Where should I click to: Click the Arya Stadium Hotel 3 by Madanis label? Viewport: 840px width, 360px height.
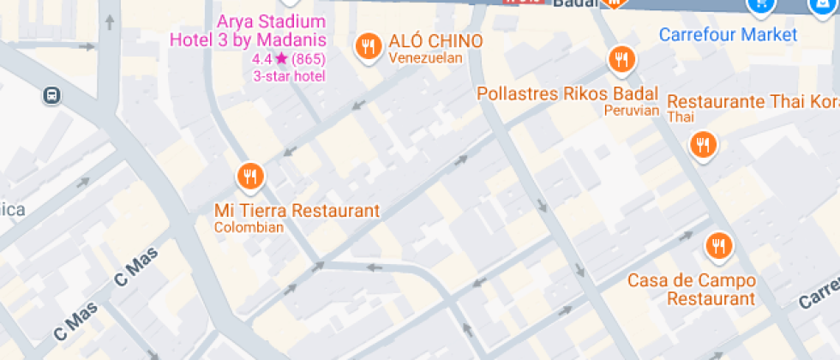[248, 31]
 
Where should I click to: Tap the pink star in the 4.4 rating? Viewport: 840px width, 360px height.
[281, 60]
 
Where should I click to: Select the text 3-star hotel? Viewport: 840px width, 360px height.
[289, 76]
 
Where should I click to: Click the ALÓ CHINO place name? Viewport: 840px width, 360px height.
[435, 41]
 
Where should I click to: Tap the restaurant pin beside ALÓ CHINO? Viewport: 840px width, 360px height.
[369, 45]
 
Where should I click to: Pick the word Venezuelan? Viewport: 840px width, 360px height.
[425, 58]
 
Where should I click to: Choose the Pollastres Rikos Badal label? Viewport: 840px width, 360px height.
[567, 93]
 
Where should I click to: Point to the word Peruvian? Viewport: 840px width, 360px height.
[631, 111]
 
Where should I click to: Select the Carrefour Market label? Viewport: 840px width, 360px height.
[728, 35]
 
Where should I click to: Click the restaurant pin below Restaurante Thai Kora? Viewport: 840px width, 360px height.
[703, 144]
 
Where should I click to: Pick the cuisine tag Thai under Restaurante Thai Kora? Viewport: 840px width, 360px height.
[681, 117]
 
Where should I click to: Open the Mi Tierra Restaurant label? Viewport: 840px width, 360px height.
[297, 211]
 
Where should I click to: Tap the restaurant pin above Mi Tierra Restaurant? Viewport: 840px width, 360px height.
[250, 177]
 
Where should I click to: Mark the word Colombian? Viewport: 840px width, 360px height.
[249, 228]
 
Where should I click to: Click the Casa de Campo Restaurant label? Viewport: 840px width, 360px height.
[692, 290]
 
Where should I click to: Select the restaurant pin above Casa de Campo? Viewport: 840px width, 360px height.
[718, 246]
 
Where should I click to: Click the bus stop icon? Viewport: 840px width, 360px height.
[52, 95]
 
